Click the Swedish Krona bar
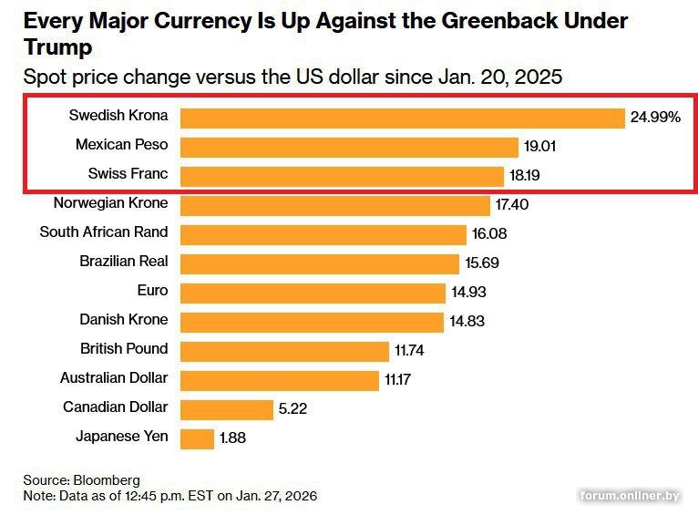[402, 118]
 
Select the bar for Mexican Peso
[349, 147]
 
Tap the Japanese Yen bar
[197, 438]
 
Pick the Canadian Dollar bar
[227, 409]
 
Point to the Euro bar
[313, 293]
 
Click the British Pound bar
[284, 351]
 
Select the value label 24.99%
[655, 118]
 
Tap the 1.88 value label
[232, 438]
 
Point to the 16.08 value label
[489, 234]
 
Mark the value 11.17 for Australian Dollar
[397, 380]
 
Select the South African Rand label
[104, 232]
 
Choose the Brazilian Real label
[124, 262]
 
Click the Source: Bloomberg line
[82, 480]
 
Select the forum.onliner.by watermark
[630, 496]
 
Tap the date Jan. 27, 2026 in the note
[270, 496]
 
